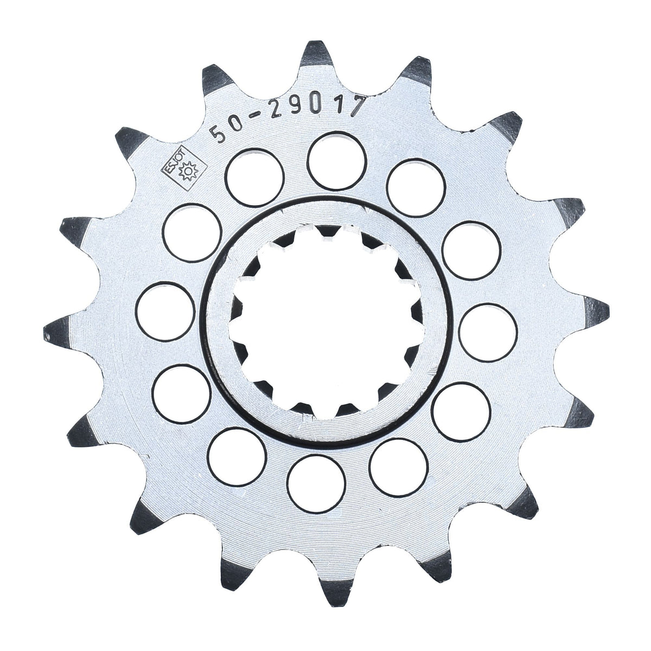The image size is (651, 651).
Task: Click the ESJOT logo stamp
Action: point(184,167)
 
